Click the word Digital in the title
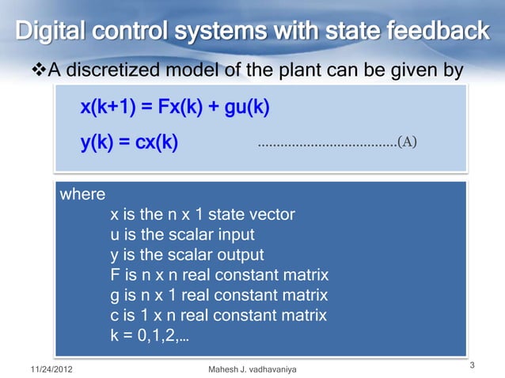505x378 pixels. pyautogui.click(x=49, y=32)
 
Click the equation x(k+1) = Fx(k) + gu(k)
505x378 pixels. pyautogui.click(x=175, y=106)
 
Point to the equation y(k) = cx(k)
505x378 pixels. pyautogui.click(x=129, y=143)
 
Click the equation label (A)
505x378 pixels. pyautogui.click(x=406, y=143)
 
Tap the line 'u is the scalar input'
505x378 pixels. pyautogui.click(x=182, y=235)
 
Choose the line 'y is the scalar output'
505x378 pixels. pyautogui.click(x=187, y=255)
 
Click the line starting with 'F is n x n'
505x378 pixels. pyautogui.click(x=219, y=276)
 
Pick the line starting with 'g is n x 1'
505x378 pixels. pyautogui.click(x=219, y=297)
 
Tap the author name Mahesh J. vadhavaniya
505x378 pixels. pyautogui.click(x=252, y=369)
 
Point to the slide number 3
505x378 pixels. pyautogui.click(x=472, y=365)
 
